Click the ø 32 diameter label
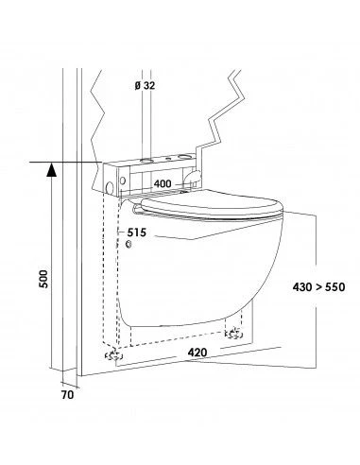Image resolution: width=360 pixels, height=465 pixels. pos(145,85)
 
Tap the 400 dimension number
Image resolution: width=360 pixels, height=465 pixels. pos(163,183)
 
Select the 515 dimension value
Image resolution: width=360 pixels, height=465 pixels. pos(137,232)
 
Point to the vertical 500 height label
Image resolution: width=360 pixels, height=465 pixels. pos(44,279)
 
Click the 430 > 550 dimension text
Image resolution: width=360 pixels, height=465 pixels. pos(318,287)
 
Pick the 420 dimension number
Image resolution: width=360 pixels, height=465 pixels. pos(197,353)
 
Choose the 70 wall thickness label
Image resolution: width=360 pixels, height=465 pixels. pos(67,395)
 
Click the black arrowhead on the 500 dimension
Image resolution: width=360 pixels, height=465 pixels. pos(51,169)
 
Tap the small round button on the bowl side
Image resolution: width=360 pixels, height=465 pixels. pos(129,244)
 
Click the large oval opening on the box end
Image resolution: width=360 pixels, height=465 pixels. pos(110,187)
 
